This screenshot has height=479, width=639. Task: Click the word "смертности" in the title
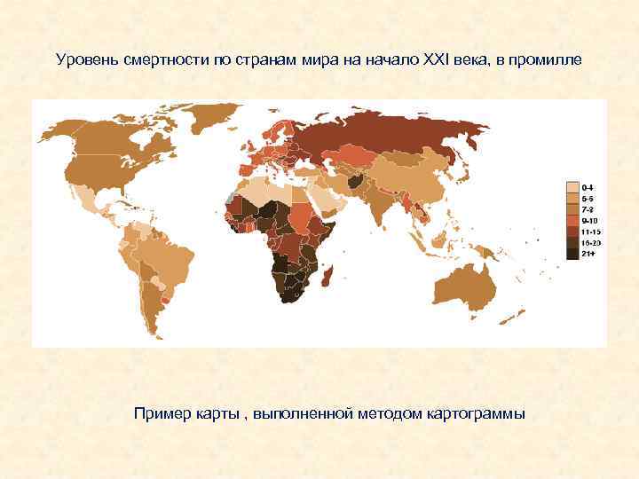coord(161,61)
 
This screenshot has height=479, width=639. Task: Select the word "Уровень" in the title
coord(84,61)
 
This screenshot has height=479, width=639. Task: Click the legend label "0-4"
coord(588,188)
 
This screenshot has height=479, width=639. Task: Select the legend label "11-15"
coord(590,232)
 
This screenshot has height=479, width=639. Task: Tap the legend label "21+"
coord(588,254)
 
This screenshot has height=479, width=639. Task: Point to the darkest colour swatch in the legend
coord(572,254)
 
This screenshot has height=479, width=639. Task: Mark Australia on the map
coord(469,283)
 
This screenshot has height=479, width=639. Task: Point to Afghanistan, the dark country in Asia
coord(358,181)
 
